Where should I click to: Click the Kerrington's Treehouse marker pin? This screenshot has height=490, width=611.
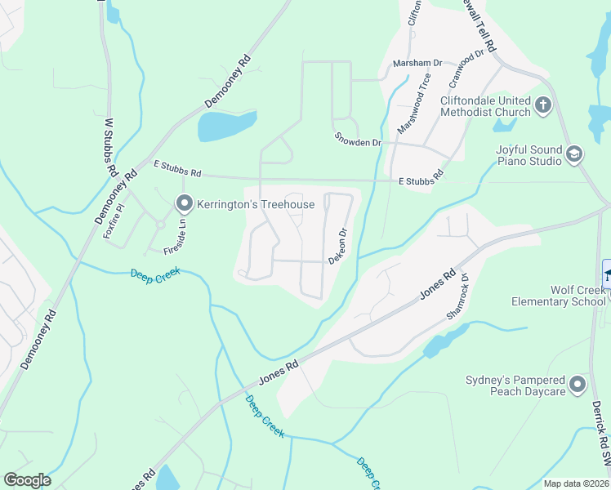point(185,203)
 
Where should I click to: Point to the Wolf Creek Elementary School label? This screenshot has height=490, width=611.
point(559,296)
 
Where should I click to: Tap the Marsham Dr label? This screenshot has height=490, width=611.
point(417,63)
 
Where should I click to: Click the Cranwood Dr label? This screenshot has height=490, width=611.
point(467,70)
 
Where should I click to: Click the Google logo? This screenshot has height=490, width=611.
point(27,480)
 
